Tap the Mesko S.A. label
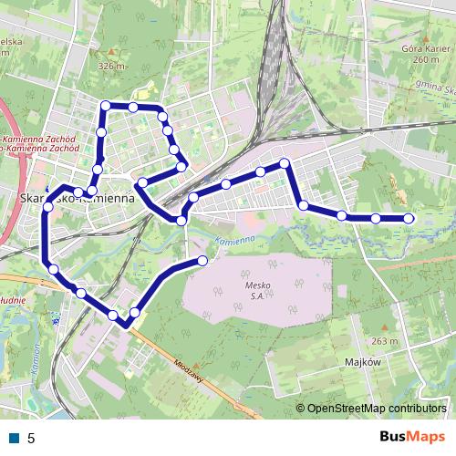pyautogui.click(x=259, y=290)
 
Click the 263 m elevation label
pyautogui.click(x=385, y=341)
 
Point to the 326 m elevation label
pyautogui.click(x=110, y=67)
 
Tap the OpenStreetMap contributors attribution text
pyautogui.click(x=376, y=408)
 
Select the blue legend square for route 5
pyautogui.click(x=15, y=438)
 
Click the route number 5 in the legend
pyautogui.click(x=31, y=438)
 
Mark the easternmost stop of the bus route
pyautogui.click(x=408, y=218)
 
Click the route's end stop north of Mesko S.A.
pyautogui.click(x=202, y=261)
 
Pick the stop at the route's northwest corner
pyautogui.click(x=106, y=106)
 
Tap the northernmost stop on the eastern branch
pyautogui.click(x=285, y=163)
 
